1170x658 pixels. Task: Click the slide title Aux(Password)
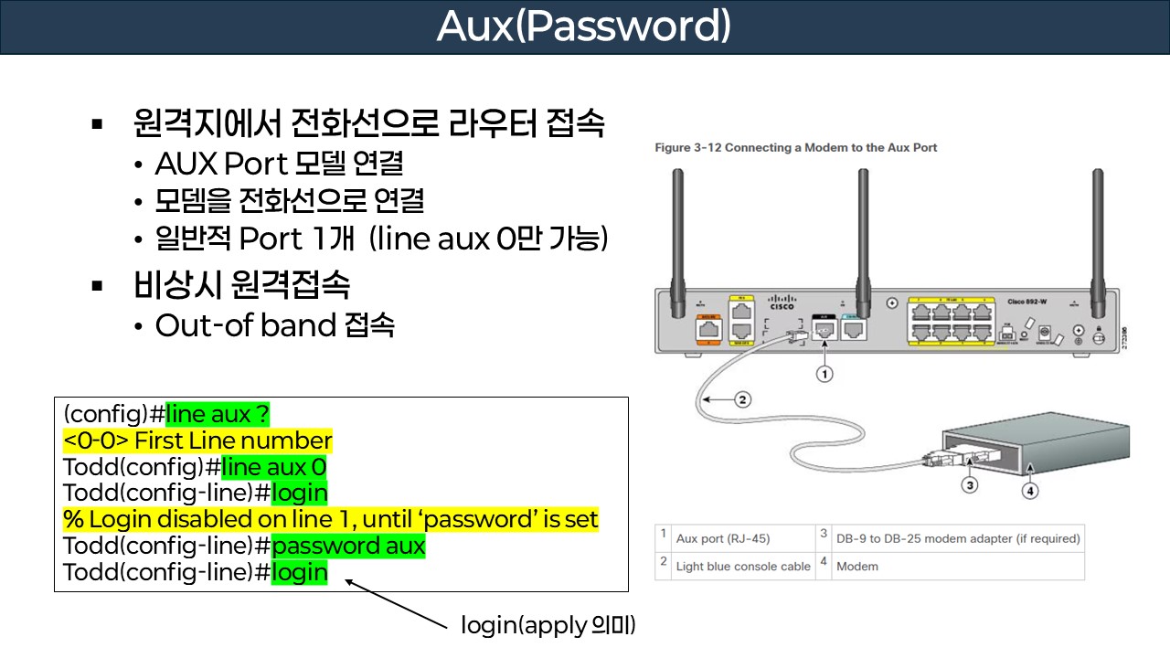click(584, 27)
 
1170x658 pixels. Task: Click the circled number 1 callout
click(824, 374)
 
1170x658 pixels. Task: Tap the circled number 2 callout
click(743, 399)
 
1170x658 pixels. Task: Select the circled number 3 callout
click(971, 484)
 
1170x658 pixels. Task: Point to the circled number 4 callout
click(1031, 491)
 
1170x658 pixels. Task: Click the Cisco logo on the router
click(782, 302)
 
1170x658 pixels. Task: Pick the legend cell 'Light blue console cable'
click(742, 567)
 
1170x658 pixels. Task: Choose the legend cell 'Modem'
click(857, 567)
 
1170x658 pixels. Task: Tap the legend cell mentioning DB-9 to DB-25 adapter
click(958, 539)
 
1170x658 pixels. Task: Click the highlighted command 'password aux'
click(348, 547)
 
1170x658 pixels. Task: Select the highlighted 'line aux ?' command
click(218, 414)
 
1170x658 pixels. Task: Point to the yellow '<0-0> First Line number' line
click(197, 440)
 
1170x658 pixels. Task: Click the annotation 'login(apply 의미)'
click(548, 626)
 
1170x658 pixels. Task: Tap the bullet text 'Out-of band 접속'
click(274, 325)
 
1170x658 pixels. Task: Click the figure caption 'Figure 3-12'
click(796, 147)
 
